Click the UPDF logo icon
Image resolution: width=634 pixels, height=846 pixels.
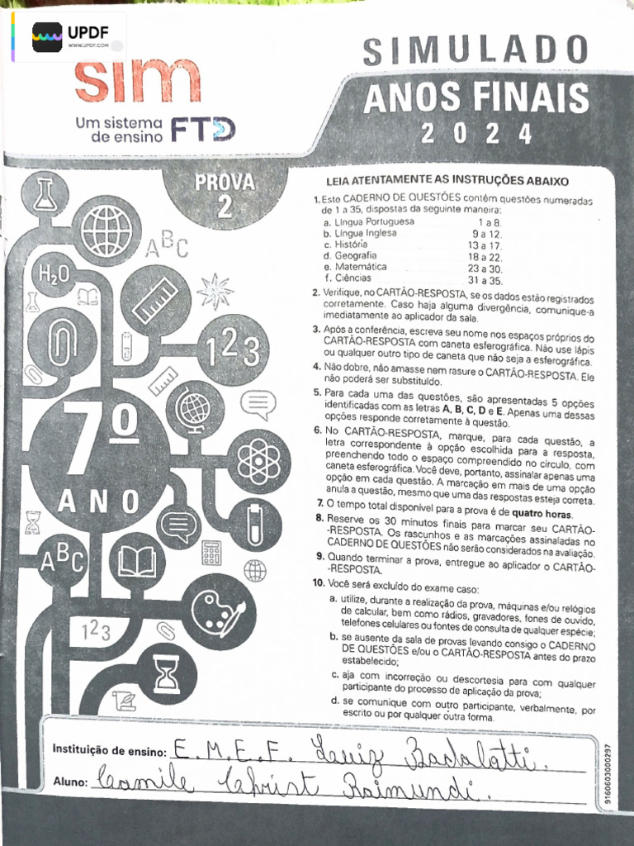pyautogui.click(x=48, y=36)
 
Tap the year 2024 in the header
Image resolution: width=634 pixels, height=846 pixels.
pyautogui.click(x=476, y=132)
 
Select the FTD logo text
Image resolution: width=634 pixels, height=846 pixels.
pyautogui.click(x=202, y=128)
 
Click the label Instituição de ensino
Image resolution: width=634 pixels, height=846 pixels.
pyautogui.click(x=110, y=750)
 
